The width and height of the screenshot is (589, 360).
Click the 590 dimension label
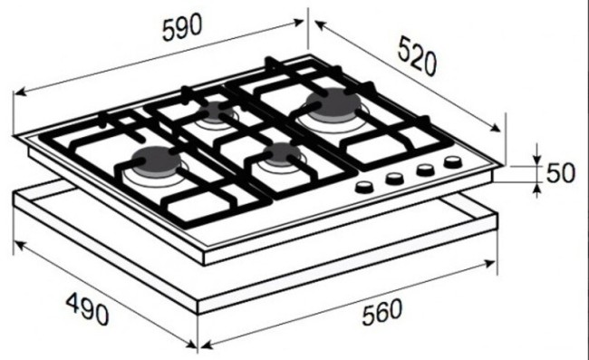pyautogui.click(x=182, y=27)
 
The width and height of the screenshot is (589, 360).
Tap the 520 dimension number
pyautogui.click(x=418, y=55)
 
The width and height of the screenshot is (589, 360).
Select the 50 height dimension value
pyautogui.click(x=560, y=173)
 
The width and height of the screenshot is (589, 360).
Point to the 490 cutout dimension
pyautogui.click(x=88, y=309)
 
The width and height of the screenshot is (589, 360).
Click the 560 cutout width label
pyautogui.click(x=382, y=312)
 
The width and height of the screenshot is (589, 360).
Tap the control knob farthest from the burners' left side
pyautogui.click(x=453, y=162)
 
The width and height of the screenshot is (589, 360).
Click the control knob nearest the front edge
pyautogui.click(x=364, y=187)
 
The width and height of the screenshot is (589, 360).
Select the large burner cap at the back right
pyautogui.click(x=333, y=103)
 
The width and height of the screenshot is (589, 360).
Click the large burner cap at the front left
pyautogui.click(x=156, y=160)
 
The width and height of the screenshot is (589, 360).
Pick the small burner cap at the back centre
pyautogui.click(x=215, y=110)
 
